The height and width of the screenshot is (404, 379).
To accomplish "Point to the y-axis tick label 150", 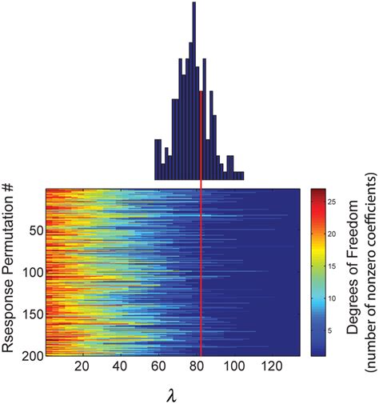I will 31,314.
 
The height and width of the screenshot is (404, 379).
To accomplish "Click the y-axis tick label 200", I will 31,354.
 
